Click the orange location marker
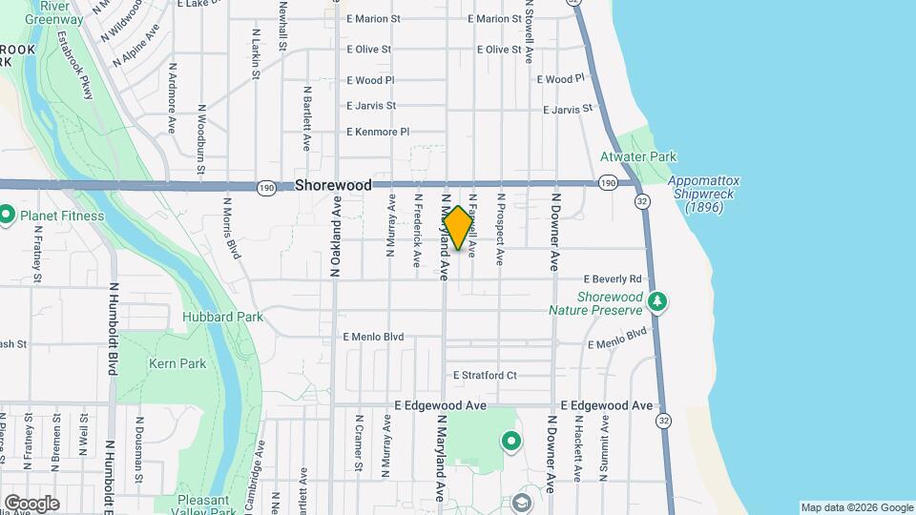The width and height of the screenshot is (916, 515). (x=458, y=228)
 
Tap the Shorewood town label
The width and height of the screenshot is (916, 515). (x=333, y=185)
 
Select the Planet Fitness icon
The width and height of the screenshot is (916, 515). (x=7, y=216)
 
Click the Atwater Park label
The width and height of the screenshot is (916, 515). (x=637, y=156)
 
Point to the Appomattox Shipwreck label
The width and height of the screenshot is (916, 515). (x=704, y=194)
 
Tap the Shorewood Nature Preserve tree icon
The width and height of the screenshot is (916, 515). (x=656, y=302)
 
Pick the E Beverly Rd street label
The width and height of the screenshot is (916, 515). (x=612, y=279)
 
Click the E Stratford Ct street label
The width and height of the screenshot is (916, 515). (x=485, y=376)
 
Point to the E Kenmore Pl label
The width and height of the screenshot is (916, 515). (x=378, y=132)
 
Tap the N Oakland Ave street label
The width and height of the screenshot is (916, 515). (x=336, y=237)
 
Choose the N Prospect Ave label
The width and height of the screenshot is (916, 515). (x=499, y=229)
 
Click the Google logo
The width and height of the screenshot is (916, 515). (x=31, y=503)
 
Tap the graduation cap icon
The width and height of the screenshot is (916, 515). (x=521, y=502)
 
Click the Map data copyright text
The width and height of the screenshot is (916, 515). (x=856, y=507)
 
